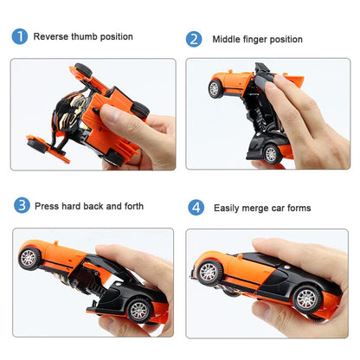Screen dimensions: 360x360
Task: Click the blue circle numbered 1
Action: click(x=19, y=36)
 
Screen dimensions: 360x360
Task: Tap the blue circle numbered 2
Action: click(x=195, y=39)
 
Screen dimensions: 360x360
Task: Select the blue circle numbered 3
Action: click(x=22, y=206)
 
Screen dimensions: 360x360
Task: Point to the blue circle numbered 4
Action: click(x=196, y=208)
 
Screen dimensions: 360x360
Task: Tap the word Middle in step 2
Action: click(x=228, y=39)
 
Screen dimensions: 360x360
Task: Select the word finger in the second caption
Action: click(x=262, y=39)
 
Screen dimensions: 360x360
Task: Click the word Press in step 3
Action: click(x=48, y=206)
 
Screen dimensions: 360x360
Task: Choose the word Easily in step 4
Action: click(x=229, y=208)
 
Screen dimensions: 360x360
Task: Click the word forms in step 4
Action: click(x=299, y=208)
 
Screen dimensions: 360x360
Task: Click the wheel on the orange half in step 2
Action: click(x=215, y=88)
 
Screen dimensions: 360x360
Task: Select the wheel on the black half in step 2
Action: click(x=272, y=152)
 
